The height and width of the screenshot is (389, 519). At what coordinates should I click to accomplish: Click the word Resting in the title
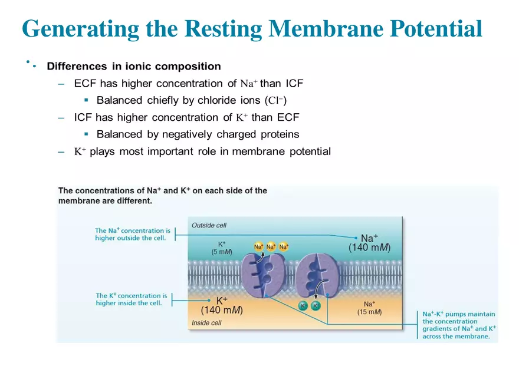point(224,28)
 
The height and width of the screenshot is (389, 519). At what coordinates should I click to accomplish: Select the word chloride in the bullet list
point(173,100)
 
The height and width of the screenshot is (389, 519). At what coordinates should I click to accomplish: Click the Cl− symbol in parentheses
point(277,100)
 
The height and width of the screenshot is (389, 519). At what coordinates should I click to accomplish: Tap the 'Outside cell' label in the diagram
point(209,225)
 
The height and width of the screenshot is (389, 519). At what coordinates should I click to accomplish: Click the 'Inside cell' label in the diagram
point(206,323)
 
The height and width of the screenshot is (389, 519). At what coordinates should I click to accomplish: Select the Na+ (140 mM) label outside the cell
point(369,243)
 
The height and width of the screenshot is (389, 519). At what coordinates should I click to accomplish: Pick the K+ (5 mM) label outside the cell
point(222,247)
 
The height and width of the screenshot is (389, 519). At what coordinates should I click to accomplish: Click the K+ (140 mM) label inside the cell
point(222,305)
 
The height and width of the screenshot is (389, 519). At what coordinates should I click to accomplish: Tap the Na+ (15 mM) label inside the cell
point(369,308)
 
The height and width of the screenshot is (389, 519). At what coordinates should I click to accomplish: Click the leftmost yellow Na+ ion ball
point(259,246)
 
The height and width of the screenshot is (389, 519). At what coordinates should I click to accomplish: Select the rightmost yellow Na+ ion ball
point(284,246)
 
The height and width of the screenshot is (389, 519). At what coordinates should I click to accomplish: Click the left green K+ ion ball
point(303,305)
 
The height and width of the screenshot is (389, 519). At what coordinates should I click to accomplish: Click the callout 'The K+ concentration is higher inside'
point(132,299)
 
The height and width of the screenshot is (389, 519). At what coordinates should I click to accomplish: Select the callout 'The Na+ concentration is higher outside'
point(133,235)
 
